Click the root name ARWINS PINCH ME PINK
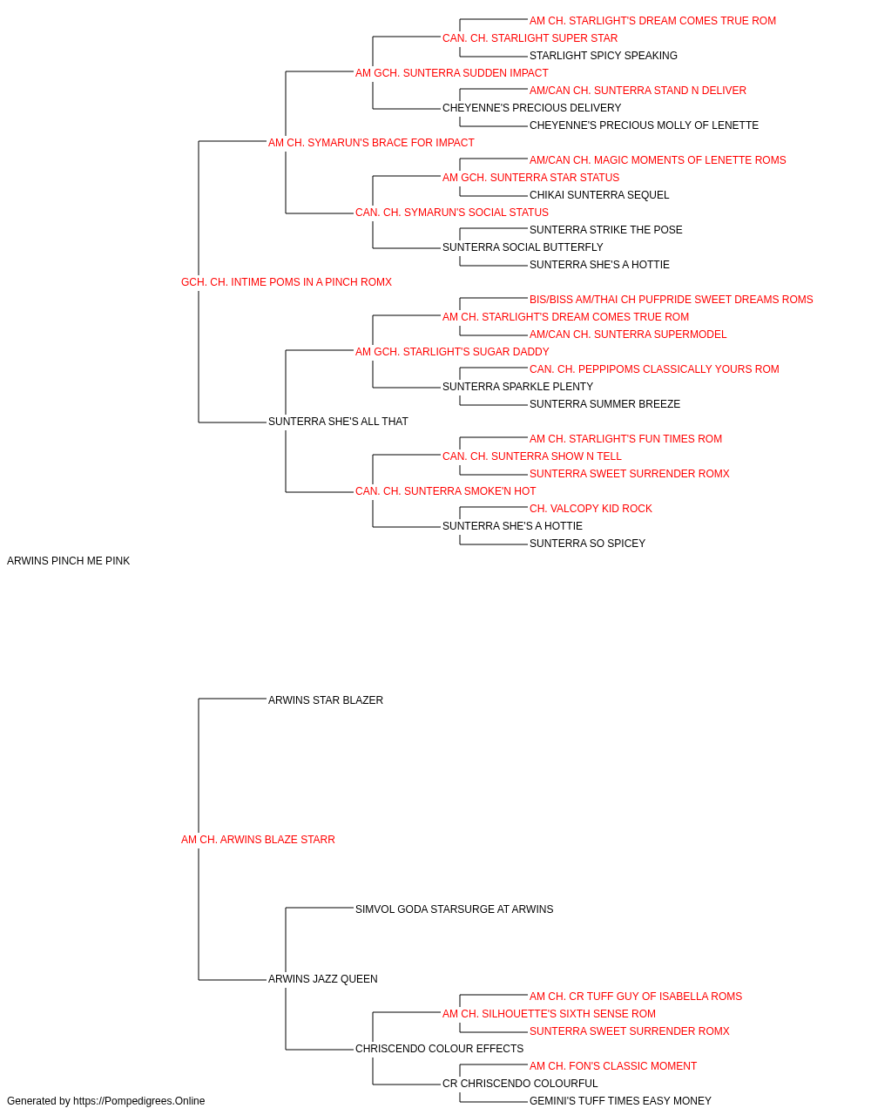(x=68, y=561)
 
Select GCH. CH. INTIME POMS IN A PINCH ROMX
(x=287, y=282)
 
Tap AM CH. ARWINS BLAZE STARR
(x=258, y=840)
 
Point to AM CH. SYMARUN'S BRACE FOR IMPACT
(x=371, y=143)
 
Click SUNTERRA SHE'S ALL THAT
(x=338, y=422)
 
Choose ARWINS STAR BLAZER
(x=326, y=699)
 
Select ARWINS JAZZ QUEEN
(x=322, y=978)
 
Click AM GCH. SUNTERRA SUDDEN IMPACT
(x=452, y=73)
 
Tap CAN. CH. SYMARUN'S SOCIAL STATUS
(x=452, y=213)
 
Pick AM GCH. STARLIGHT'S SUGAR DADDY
(x=452, y=351)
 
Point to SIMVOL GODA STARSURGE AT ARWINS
(x=455, y=909)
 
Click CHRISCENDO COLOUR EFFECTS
(x=440, y=1048)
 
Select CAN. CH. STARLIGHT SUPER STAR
(x=530, y=38)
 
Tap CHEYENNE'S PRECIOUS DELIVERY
(x=532, y=108)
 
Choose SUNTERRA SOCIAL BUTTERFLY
(x=523, y=247)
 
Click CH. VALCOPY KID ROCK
(x=591, y=509)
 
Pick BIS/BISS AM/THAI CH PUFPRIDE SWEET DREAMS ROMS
(x=672, y=300)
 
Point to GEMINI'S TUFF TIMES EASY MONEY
(x=621, y=1101)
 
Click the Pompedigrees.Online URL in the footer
(x=139, y=1101)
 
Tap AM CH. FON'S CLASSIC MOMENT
(x=613, y=1065)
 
